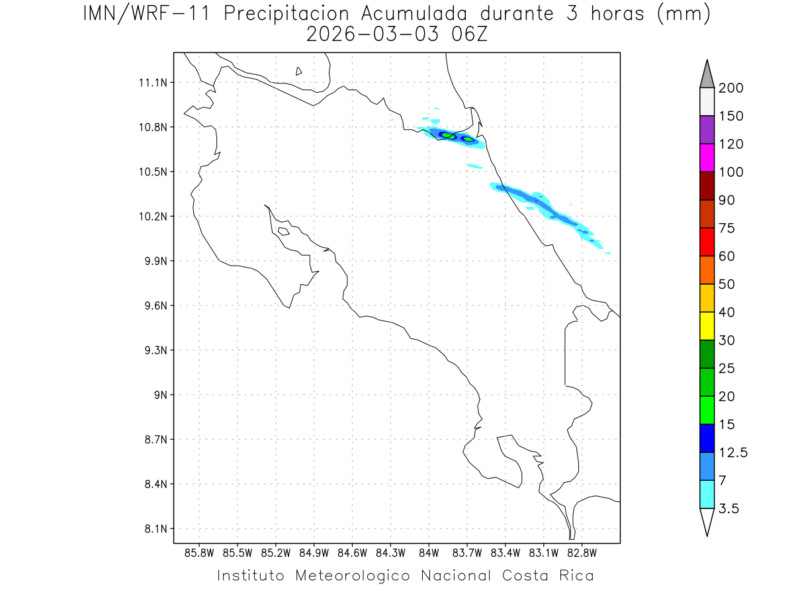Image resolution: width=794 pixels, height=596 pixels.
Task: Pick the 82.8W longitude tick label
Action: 582,552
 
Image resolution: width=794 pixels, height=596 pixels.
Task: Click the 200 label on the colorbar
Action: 730,88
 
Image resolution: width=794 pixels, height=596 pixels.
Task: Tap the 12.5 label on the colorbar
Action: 732,452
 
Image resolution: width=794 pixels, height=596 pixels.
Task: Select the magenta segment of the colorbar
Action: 707,158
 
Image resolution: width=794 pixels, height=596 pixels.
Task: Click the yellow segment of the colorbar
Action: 707,326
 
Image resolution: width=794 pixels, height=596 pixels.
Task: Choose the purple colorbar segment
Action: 707,130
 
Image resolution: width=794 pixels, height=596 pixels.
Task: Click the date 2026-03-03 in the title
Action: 371,34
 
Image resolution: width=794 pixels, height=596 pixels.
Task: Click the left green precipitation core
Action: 449,136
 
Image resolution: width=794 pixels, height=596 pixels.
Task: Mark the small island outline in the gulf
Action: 283,231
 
